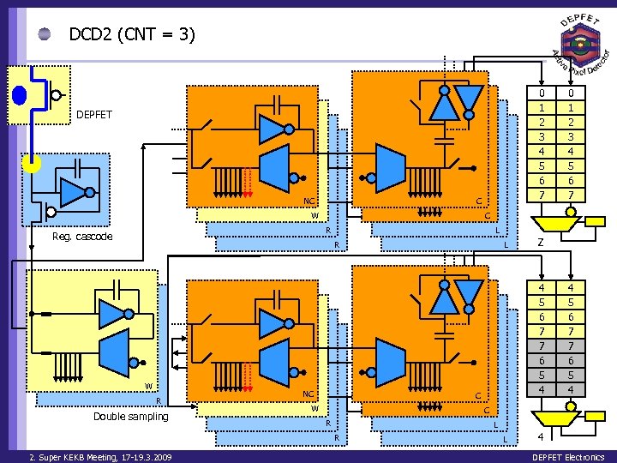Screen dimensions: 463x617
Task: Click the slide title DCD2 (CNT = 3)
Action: (132, 34)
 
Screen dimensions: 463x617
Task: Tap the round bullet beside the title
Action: (44, 34)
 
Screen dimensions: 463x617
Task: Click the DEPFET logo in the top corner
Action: (579, 43)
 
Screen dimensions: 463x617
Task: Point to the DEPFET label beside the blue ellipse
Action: (93, 114)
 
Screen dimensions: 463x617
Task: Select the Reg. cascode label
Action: (82, 237)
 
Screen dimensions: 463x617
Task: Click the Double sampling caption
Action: (131, 417)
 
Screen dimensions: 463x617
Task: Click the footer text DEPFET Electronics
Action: (568, 457)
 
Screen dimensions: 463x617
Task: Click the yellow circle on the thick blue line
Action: (32, 164)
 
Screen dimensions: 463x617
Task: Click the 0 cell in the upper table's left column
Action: (542, 93)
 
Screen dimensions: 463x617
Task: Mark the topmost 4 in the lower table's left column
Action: (542, 287)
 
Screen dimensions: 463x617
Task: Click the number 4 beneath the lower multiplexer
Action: (540, 437)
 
